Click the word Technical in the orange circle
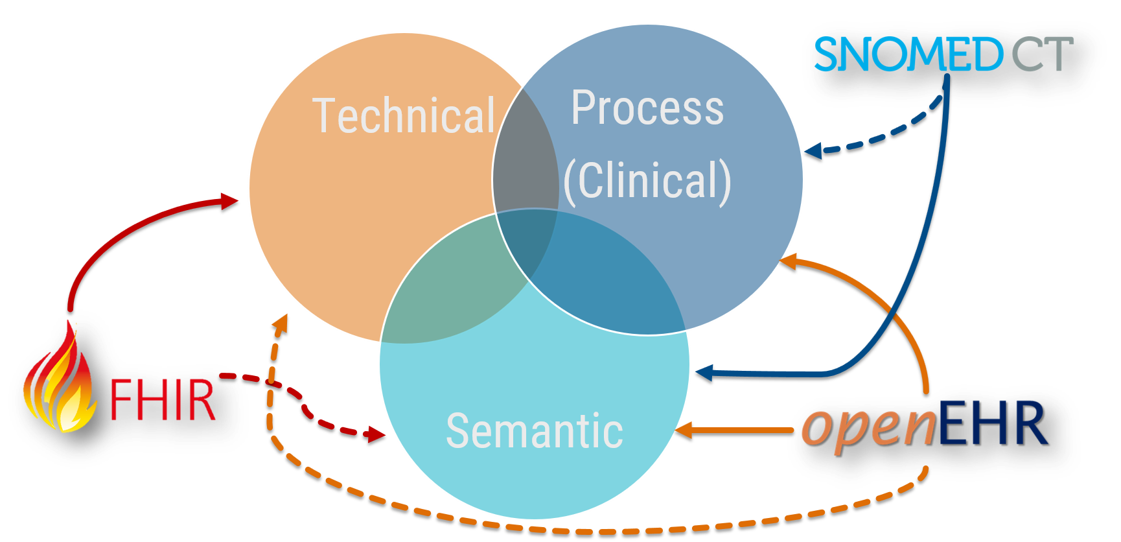404,116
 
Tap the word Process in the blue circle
647,108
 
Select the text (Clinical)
647,181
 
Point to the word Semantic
535,430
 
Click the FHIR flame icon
60,379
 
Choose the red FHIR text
162,399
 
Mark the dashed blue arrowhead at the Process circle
813,151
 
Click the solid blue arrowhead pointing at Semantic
704,373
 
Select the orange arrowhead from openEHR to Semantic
684,430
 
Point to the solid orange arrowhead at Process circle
788,261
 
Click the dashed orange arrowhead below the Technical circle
281,324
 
